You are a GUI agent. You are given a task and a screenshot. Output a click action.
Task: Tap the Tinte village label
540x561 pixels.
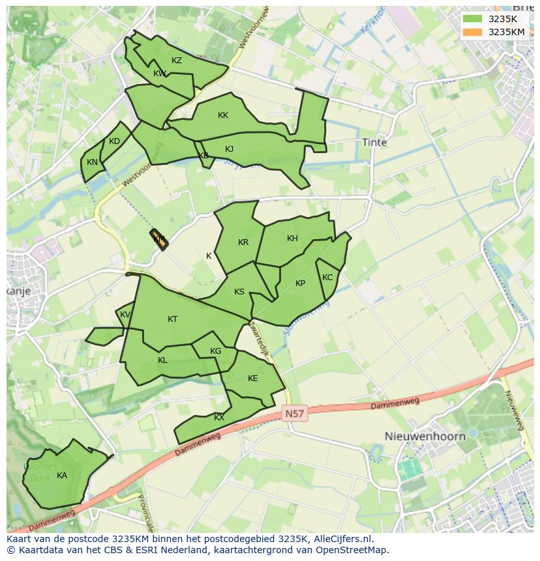coord(374,142)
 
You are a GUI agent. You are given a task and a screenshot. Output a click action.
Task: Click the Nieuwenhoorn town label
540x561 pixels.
coord(425,436)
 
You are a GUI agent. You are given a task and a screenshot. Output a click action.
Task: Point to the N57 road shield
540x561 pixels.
coord(295,414)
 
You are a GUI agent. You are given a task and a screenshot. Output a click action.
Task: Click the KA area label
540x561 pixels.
coord(62,476)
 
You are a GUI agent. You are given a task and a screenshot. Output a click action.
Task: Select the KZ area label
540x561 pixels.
coord(177,61)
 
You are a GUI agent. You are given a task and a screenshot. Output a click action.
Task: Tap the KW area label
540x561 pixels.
coord(160,74)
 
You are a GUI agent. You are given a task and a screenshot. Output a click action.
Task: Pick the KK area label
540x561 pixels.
coord(223,115)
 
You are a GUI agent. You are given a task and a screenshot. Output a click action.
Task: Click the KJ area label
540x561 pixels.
coord(229,149)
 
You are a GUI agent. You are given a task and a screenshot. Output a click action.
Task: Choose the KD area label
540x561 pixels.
coord(114,141)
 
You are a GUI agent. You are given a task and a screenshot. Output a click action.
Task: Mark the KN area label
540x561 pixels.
coord(92,162)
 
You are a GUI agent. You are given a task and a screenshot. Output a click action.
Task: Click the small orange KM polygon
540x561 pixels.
coord(159,240)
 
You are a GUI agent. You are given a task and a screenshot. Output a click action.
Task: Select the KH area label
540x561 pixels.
coord(292,238)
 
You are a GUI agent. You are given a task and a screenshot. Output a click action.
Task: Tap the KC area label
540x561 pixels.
coord(327,278)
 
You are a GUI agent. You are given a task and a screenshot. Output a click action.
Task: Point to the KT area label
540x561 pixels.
coord(172,319)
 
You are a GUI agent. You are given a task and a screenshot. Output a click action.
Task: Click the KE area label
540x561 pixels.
coord(253,379)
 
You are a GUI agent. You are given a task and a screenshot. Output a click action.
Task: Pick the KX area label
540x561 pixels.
coord(219,418)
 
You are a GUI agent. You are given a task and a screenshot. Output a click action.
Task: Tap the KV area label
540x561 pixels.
coord(125,315)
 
